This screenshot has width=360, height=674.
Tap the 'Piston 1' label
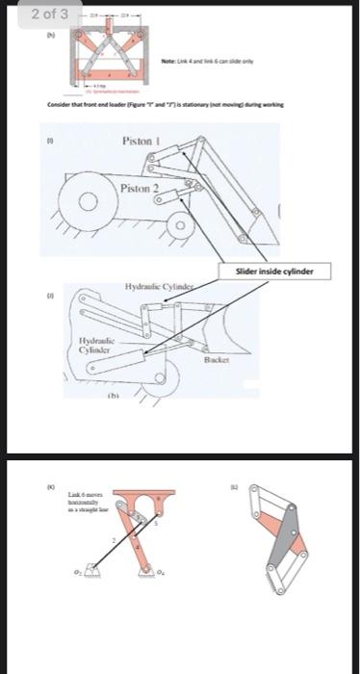pyautogui.click(x=141, y=141)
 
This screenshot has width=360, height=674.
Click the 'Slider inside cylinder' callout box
pyautogui.click(x=275, y=271)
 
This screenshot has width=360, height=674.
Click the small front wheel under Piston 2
pyautogui.click(x=179, y=227)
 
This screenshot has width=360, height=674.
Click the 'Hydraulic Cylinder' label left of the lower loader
pyautogui.click(x=97, y=344)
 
